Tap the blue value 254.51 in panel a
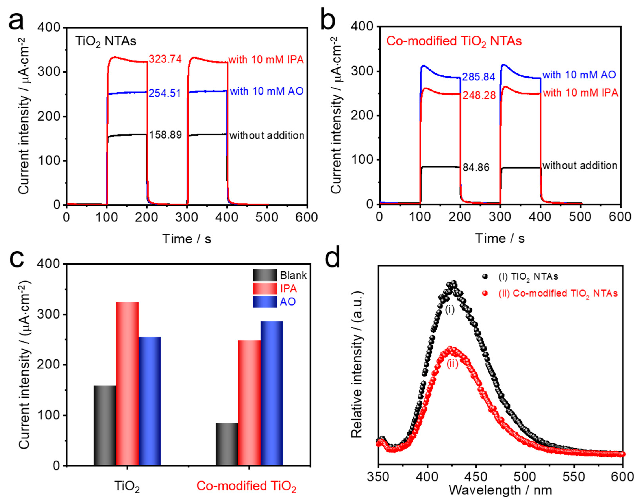pos(165,93)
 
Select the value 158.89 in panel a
pos(165,135)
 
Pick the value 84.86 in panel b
pos(476,168)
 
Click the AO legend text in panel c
pos(287,302)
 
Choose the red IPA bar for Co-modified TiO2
pos(249,403)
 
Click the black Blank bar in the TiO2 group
pos(105,425)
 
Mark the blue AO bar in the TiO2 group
pos(150,401)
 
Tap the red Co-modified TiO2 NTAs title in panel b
pos(454,41)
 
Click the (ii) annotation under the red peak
pos(452,364)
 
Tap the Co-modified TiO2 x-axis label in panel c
pos(246,486)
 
